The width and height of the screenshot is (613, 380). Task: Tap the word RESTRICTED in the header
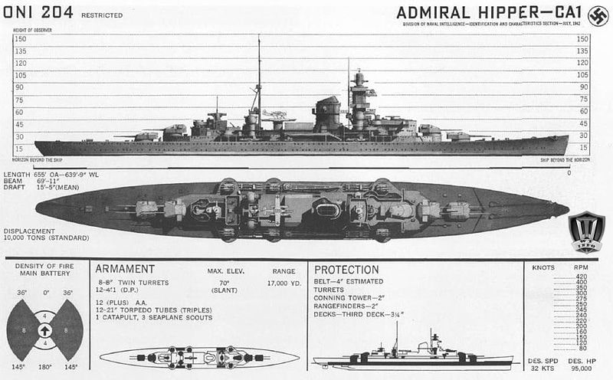(x=100, y=15)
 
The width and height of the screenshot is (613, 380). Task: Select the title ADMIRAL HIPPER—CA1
(x=489, y=13)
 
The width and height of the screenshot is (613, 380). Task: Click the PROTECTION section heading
(x=346, y=270)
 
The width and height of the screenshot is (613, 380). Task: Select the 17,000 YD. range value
(x=284, y=283)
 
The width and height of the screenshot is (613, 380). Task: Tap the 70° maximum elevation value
(x=225, y=283)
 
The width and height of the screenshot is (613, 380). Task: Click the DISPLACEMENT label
(x=29, y=230)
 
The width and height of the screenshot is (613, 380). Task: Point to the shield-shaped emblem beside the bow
(x=586, y=231)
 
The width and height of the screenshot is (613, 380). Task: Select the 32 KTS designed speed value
(x=541, y=368)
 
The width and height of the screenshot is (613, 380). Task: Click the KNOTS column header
(x=542, y=267)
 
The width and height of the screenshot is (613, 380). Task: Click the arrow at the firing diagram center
(x=45, y=330)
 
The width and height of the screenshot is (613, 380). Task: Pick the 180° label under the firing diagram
(x=45, y=367)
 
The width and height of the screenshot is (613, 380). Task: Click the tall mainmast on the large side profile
(x=259, y=77)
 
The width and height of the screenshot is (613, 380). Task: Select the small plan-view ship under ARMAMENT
(x=199, y=357)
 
